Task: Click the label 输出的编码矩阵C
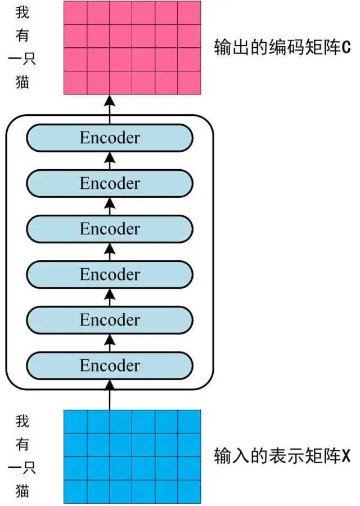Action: coord(282,47)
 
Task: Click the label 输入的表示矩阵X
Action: coord(282,455)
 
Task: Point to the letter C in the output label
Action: coord(346,47)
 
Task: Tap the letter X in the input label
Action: coord(346,455)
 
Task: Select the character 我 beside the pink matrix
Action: coord(21,12)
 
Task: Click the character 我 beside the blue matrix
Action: coord(21,421)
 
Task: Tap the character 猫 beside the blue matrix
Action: coord(21,493)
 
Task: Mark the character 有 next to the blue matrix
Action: coord(21,445)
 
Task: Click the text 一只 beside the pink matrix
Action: coord(21,60)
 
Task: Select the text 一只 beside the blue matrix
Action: coord(21,469)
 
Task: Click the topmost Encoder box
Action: coord(110,138)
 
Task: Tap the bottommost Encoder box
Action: coord(110,365)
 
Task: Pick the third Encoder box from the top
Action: coord(110,229)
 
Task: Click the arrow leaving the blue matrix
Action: coord(110,396)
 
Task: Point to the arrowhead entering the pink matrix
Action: coord(110,101)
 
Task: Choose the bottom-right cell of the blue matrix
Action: coord(189,492)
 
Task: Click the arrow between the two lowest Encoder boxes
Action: coord(110,342)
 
